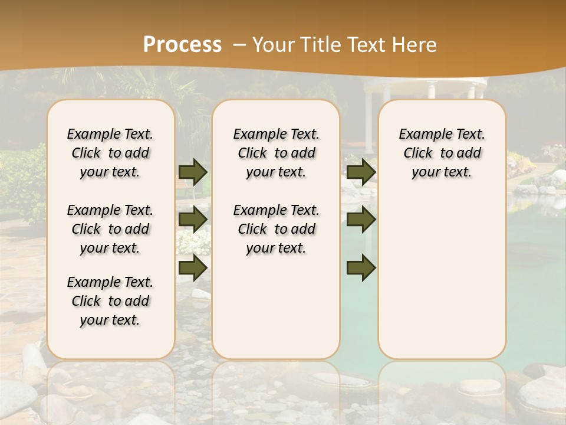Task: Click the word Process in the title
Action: point(182,45)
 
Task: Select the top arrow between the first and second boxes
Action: point(193,172)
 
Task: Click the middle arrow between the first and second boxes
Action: point(193,220)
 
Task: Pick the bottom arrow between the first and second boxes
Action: point(193,267)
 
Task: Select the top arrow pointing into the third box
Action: point(361,172)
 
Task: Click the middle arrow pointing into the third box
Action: point(361,220)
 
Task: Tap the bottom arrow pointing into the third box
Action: point(361,267)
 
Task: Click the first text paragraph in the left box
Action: point(110,153)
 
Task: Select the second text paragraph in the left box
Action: point(110,229)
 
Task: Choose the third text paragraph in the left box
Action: point(110,301)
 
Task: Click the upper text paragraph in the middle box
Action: point(276,153)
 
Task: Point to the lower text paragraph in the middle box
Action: point(276,229)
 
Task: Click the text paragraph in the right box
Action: point(442,153)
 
